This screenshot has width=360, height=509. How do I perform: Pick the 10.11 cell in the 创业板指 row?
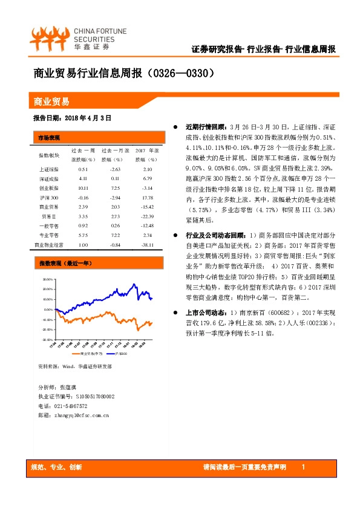pos(83,189)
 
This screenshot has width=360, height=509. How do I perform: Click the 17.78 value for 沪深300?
pos(148,198)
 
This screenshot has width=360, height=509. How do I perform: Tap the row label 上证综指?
pos(50,170)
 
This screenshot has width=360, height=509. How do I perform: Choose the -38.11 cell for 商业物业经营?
pos(147,245)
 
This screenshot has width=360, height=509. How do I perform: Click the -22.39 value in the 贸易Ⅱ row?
pos(147,216)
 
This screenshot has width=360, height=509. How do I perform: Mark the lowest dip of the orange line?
pos(138,331)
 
